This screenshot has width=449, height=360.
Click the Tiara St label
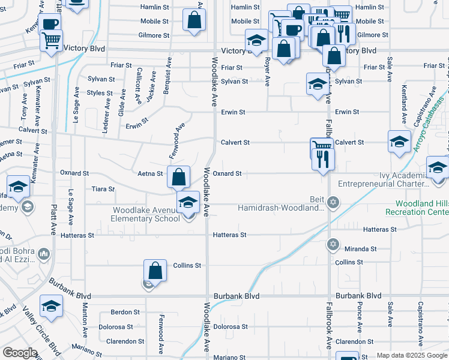pos(103,189)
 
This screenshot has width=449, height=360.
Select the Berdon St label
pos(125,312)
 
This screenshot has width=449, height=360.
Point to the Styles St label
pos(100,93)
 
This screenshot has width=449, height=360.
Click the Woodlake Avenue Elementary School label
pos(146,214)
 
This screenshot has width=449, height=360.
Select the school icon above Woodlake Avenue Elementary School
pos(188,202)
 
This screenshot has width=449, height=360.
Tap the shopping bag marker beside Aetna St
pos(178,177)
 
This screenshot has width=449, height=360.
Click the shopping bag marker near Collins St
pos(155,271)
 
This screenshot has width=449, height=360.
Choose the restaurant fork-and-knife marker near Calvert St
pos(324,158)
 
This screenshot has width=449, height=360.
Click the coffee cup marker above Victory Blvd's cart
pos(51,25)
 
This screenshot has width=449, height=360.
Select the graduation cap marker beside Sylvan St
pos(316,83)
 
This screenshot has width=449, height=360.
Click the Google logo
pos(20,353)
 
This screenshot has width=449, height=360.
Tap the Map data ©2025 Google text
pos(412,355)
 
